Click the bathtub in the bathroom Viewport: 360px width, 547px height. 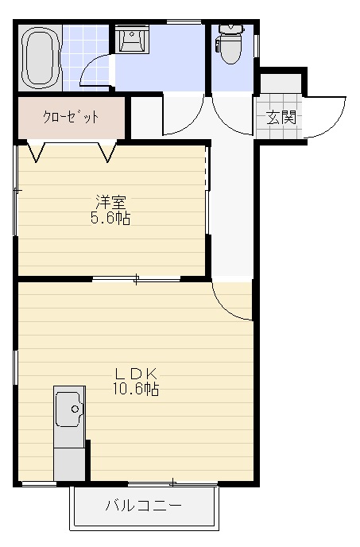[x=40, y=58]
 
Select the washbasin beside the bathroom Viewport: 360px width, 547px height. [x=131, y=39]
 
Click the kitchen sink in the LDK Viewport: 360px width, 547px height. [x=69, y=411]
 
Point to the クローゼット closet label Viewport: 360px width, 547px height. [x=71, y=117]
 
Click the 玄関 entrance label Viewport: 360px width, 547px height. [x=281, y=118]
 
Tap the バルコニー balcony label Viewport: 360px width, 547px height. [x=144, y=506]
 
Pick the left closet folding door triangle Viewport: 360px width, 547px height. [x=37, y=151]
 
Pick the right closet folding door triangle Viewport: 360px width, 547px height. [x=107, y=151]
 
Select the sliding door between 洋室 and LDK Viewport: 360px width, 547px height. [x=136, y=278]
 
